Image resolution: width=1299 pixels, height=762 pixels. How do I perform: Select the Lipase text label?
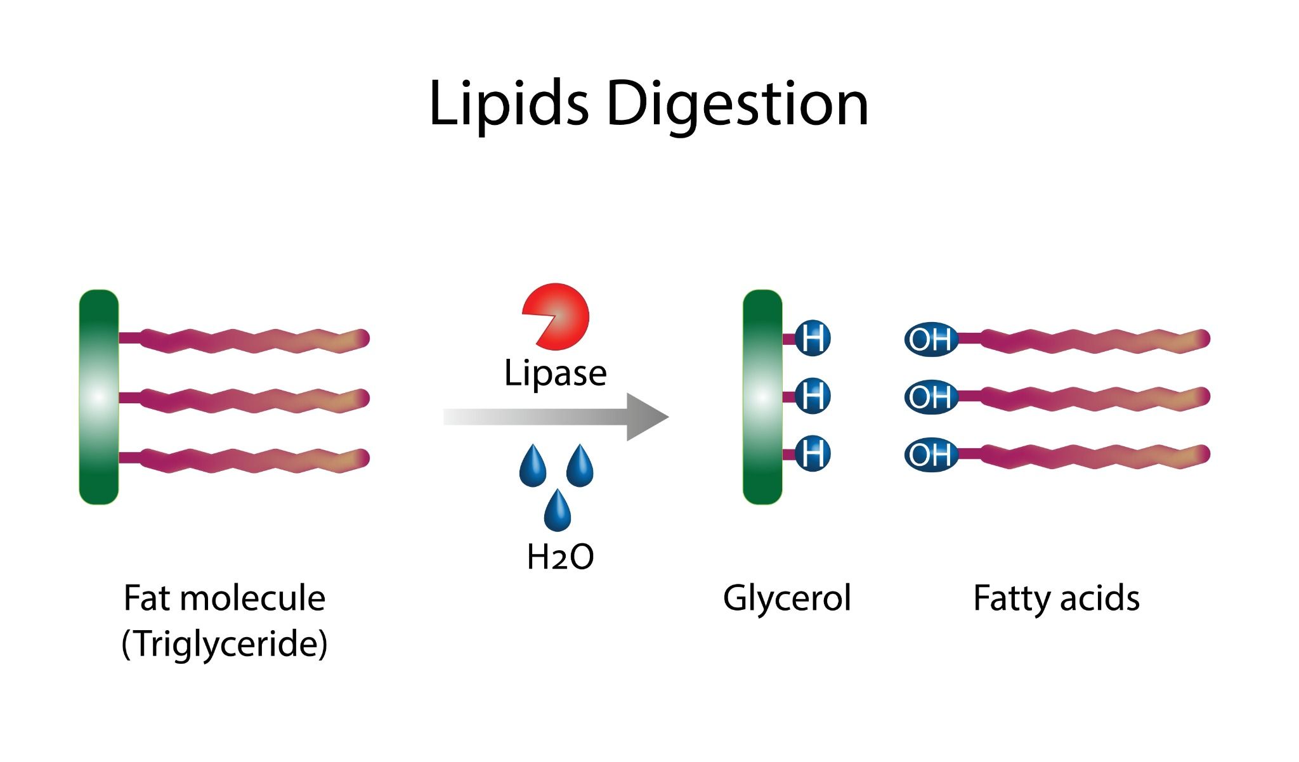click(555, 373)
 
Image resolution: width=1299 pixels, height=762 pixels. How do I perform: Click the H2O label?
click(560, 557)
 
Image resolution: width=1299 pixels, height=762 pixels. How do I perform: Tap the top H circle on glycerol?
click(813, 339)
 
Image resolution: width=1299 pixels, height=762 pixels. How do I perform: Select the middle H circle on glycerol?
click(813, 396)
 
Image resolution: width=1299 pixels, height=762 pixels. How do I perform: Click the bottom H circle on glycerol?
click(813, 454)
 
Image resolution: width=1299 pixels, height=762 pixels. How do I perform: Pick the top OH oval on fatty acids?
click(930, 340)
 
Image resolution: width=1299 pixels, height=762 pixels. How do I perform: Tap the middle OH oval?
click(930, 397)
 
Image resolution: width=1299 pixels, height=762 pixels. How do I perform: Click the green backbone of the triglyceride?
click(99, 397)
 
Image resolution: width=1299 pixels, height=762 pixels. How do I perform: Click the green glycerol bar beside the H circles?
click(762, 397)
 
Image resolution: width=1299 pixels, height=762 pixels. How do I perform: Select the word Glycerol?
click(787, 598)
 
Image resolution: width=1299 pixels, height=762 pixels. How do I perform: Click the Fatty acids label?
click(1056, 598)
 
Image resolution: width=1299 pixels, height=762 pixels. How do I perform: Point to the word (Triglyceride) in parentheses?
click(225, 643)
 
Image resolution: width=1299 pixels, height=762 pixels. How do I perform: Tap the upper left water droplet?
click(532, 467)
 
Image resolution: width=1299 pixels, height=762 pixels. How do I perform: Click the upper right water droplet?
click(579, 467)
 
